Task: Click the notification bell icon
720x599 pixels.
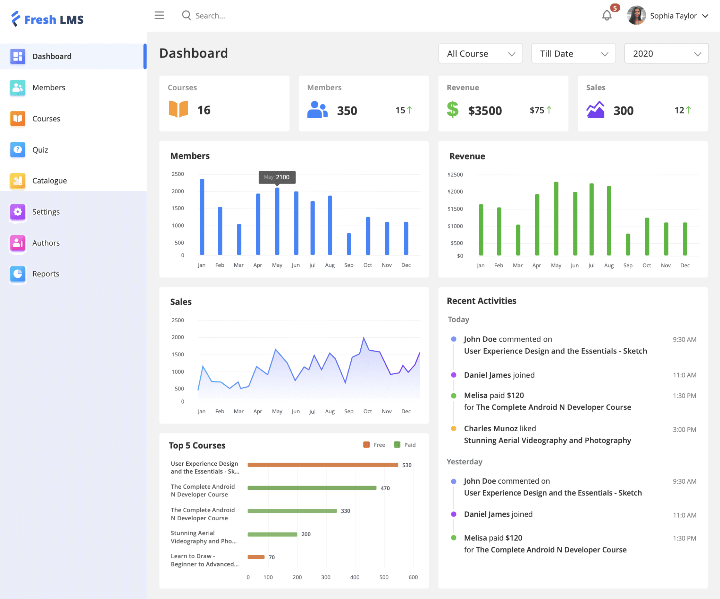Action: tap(607, 15)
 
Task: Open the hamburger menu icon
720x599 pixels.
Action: tap(159, 15)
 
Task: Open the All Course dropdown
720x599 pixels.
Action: tap(480, 53)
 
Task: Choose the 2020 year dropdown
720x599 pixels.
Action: tap(666, 53)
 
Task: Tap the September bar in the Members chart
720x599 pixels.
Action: tap(349, 244)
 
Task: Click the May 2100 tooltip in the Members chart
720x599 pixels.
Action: tap(277, 177)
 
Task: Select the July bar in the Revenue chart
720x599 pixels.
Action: tap(591, 219)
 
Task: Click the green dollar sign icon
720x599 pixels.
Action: tap(453, 110)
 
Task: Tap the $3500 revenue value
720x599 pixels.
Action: tap(485, 111)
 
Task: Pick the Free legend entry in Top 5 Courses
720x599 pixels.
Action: tap(374, 445)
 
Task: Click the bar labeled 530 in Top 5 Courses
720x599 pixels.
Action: tap(323, 465)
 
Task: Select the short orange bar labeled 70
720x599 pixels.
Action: tap(256, 557)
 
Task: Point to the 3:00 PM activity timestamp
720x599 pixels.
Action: tap(684, 430)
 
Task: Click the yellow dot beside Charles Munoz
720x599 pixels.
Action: tap(454, 428)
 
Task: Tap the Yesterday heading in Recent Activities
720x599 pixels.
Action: tap(464, 461)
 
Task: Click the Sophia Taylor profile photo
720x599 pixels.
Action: tap(636, 15)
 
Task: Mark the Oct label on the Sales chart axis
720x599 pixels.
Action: tap(367, 411)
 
